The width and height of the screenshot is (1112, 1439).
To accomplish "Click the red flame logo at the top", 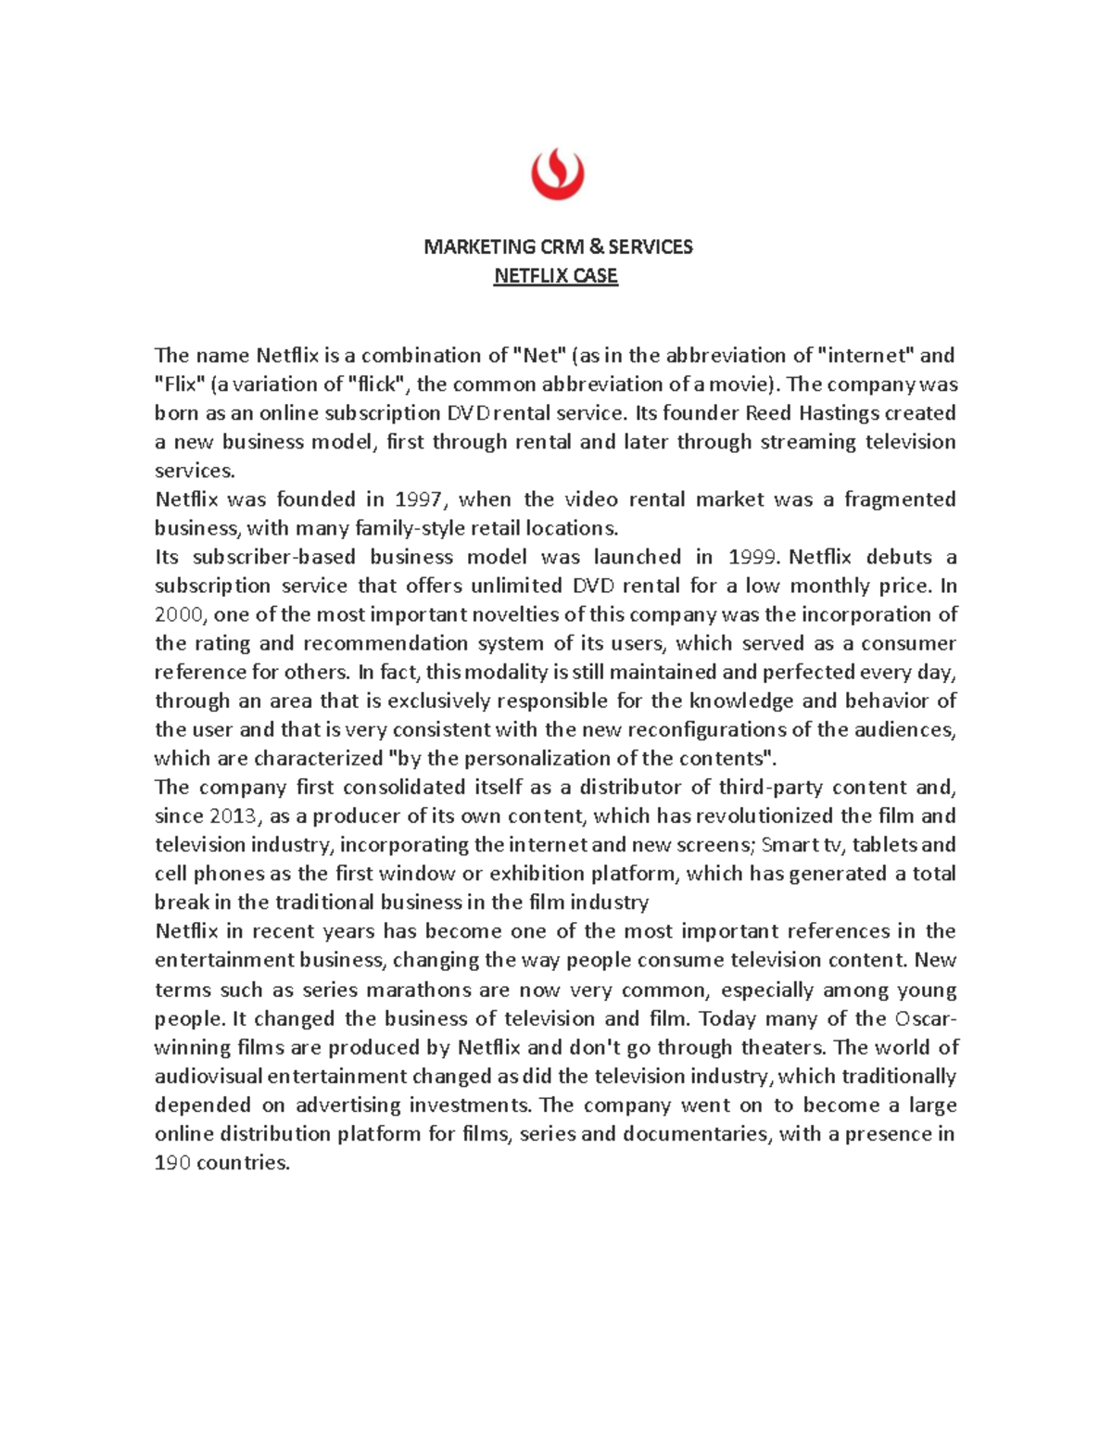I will pos(557,173).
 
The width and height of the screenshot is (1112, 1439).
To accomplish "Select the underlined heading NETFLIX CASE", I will pos(556,276).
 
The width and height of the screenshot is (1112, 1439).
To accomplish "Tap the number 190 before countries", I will pos(171,1163).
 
